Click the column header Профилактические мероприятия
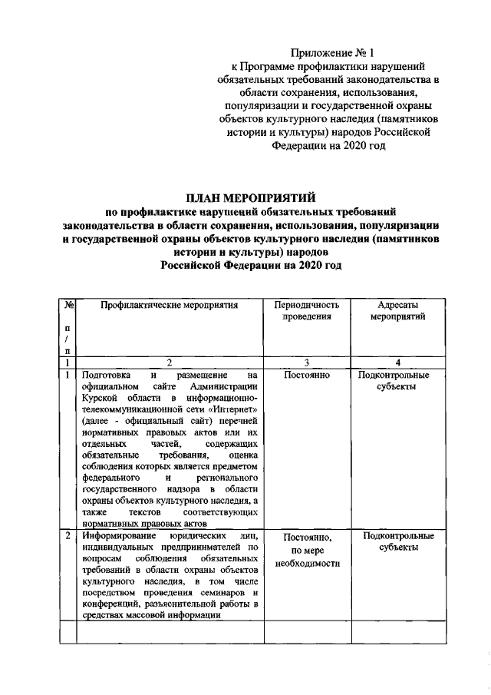tap(170, 305)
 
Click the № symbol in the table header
tap(69, 305)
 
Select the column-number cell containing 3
tap(306, 362)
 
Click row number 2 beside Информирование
tap(69, 535)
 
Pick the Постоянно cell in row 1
tap(306, 376)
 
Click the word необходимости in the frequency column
tap(306, 564)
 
